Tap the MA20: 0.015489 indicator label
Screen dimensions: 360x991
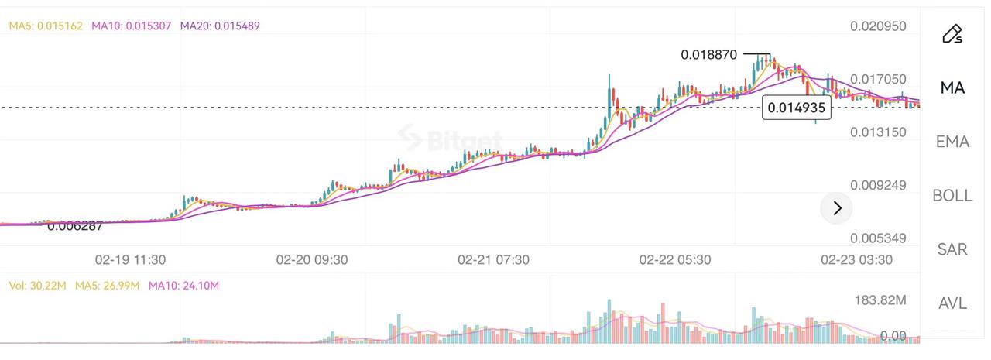pyautogui.click(x=220, y=26)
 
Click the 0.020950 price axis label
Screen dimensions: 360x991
pyautogui.click(x=878, y=26)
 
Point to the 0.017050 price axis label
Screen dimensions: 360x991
pyautogui.click(x=878, y=79)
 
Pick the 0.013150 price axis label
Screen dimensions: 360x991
pyautogui.click(x=878, y=132)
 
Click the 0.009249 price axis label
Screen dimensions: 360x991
pyautogui.click(x=878, y=186)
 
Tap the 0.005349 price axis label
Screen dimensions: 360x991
pyautogui.click(x=878, y=238)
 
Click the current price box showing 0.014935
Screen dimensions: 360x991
pyautogui.click(x=797, y=108)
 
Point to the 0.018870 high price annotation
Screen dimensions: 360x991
pyautogui.click(x=708, y=54)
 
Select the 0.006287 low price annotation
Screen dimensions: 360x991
pyautogui.click(x=75, y=226)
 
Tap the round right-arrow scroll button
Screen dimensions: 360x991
pyautogui.click(x=836, y=207)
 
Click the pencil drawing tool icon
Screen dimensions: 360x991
pyautogui.click(x=952, y=33)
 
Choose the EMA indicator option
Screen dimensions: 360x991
pyautogui.click(x=952, y=142)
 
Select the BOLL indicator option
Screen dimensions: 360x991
pyautogui.click(x=952, y=196)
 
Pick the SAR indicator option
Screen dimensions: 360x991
pyautogui.click(x=952, y=249)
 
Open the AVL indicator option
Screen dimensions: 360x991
pyautogui.click(x=952, y=303)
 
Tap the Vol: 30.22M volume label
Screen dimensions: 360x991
pyautogui.click(x=36, y=286)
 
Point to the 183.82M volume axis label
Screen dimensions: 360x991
pyautogui.click(x=880, y=300)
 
